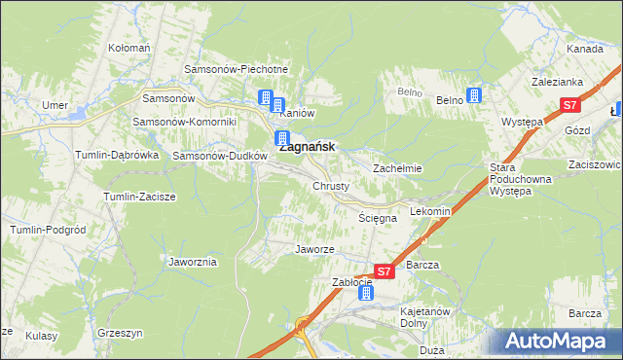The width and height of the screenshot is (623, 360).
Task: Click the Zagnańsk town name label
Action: coord(308,147)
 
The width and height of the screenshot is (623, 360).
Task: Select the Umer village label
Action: coord(54,104)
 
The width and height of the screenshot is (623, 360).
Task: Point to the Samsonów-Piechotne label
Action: coord(237,70)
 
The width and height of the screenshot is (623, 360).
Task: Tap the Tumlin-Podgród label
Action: coord(44,229)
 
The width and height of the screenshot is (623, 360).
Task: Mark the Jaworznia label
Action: coord(193,263)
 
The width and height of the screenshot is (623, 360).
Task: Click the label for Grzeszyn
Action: coord(121,333)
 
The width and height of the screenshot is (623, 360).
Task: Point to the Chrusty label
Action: coord(331,185)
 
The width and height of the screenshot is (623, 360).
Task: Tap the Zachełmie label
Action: coord(397,168)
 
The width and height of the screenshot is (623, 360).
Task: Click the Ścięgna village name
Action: coord(377,219)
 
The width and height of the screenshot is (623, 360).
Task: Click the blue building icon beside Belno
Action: coord(474,95)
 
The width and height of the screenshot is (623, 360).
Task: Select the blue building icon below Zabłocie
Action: coord(364,293)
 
